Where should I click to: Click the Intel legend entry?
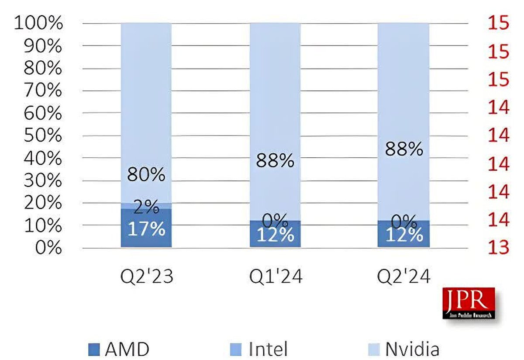[x=259, y=349]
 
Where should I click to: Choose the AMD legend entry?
[x=119, y=349]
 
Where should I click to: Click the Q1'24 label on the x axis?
[x=275, y=277]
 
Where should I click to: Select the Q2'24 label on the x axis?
[x=403, y=277]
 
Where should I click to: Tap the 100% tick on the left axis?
[x=38, y=24]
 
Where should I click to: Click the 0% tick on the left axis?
[x=48, y=248]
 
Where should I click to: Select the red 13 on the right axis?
[x=499, y=248]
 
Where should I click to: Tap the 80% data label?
[x=146, y=175]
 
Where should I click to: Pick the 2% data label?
[x=146, y=207]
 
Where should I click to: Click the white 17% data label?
[x=146, y=229]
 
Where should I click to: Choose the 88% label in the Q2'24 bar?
[x=404, y=149]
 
